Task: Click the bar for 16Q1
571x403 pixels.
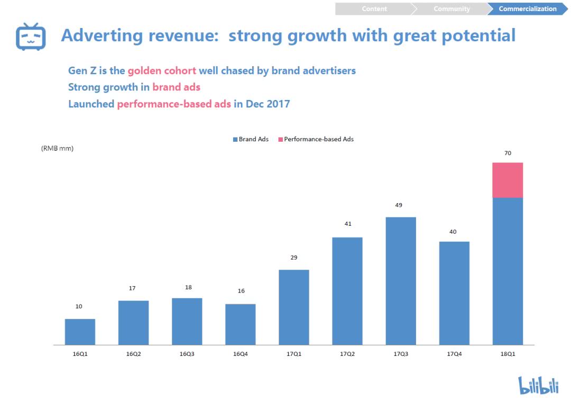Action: [80, 332]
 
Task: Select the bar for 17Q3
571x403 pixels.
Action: [401, 281]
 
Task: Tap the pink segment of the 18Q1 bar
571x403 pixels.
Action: [508, 180]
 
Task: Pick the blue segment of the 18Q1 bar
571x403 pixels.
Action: [508, 271]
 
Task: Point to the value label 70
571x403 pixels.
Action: [508, 153]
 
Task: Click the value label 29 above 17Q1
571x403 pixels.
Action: [294, 258]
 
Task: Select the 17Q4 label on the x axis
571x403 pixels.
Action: [454, 354]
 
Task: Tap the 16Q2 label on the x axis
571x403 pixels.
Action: [133, 354]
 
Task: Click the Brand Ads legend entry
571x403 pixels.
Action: [251, 139]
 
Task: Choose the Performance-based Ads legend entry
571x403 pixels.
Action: [316, 139]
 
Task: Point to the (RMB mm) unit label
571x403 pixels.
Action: [57, 149]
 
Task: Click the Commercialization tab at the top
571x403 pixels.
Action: [527, 9]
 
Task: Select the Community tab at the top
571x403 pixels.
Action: [452, 9]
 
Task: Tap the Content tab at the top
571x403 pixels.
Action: [374, 9]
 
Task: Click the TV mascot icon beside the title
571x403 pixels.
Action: [31, 36]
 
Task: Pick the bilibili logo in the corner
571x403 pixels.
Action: [538, 385]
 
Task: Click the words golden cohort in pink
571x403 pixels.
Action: [162, 70]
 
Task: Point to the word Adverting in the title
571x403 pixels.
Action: [102, 35]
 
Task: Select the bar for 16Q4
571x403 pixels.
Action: [241, 324]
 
